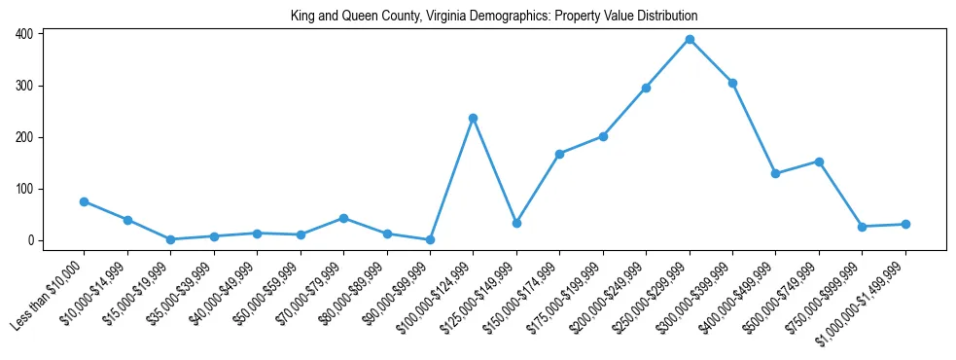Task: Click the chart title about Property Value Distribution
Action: tap(494, 17)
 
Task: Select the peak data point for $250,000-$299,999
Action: tap(690, 39)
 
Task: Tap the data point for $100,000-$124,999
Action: tap(473, 118)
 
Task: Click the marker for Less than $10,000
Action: tap(85, 201)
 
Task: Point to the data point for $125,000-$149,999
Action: tap(516, 223)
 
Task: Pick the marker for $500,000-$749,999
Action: tap(819, 162)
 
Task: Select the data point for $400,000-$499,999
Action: tap(775, 173)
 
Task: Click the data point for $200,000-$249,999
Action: tap(646, 88)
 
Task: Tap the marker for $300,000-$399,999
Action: tap(732, 83)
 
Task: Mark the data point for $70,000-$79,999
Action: tap(343, 218)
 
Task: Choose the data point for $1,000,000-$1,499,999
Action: tap(905, 224)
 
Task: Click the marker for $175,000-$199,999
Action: tap(603, 136)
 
